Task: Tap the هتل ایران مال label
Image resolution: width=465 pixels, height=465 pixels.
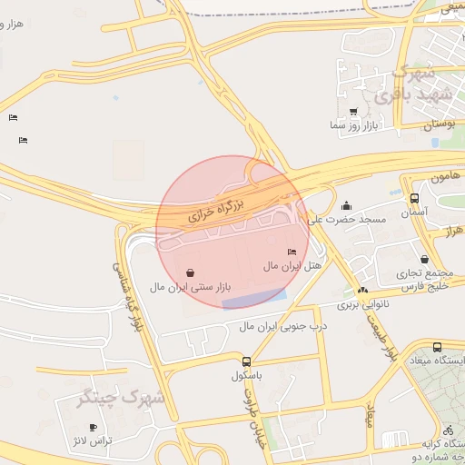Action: [293, 265]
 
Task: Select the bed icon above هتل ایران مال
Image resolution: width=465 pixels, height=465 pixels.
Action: [292, 252]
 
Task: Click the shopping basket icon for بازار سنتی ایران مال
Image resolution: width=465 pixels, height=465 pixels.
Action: [189, 272]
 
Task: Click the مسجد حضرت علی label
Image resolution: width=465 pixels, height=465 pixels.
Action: [347, 219]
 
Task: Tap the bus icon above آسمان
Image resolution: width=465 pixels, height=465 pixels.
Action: [414, 198]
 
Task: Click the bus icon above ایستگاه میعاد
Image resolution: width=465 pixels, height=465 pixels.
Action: [437, 347]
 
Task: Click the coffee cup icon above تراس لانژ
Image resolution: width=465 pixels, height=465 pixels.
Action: [93, 427]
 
